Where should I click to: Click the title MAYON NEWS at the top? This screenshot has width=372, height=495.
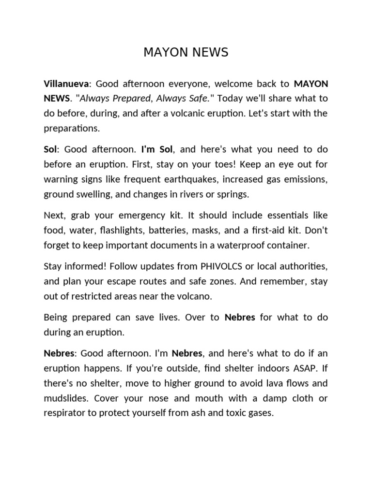coord(186,53)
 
